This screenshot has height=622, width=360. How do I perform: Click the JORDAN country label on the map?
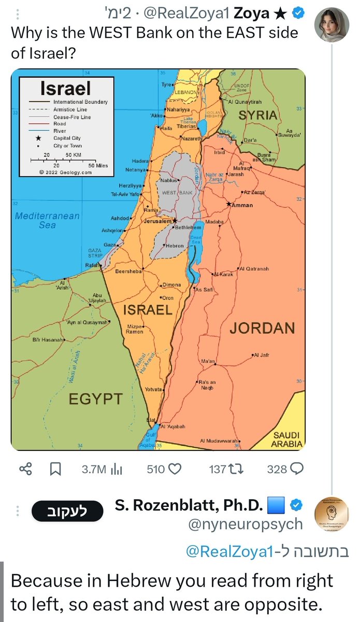coord(262,327)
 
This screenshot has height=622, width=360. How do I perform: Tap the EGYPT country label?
coord(96,399)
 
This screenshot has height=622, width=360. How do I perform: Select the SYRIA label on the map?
coord(257,115)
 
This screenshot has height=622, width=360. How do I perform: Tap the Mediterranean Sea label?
coord(47,220)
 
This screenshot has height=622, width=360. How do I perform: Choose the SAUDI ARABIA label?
coord(286,440)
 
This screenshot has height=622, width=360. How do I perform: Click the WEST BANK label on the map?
coord(177,192)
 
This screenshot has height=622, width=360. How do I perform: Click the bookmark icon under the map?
coord(55,470)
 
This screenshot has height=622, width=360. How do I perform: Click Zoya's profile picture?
coord(332,23)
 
